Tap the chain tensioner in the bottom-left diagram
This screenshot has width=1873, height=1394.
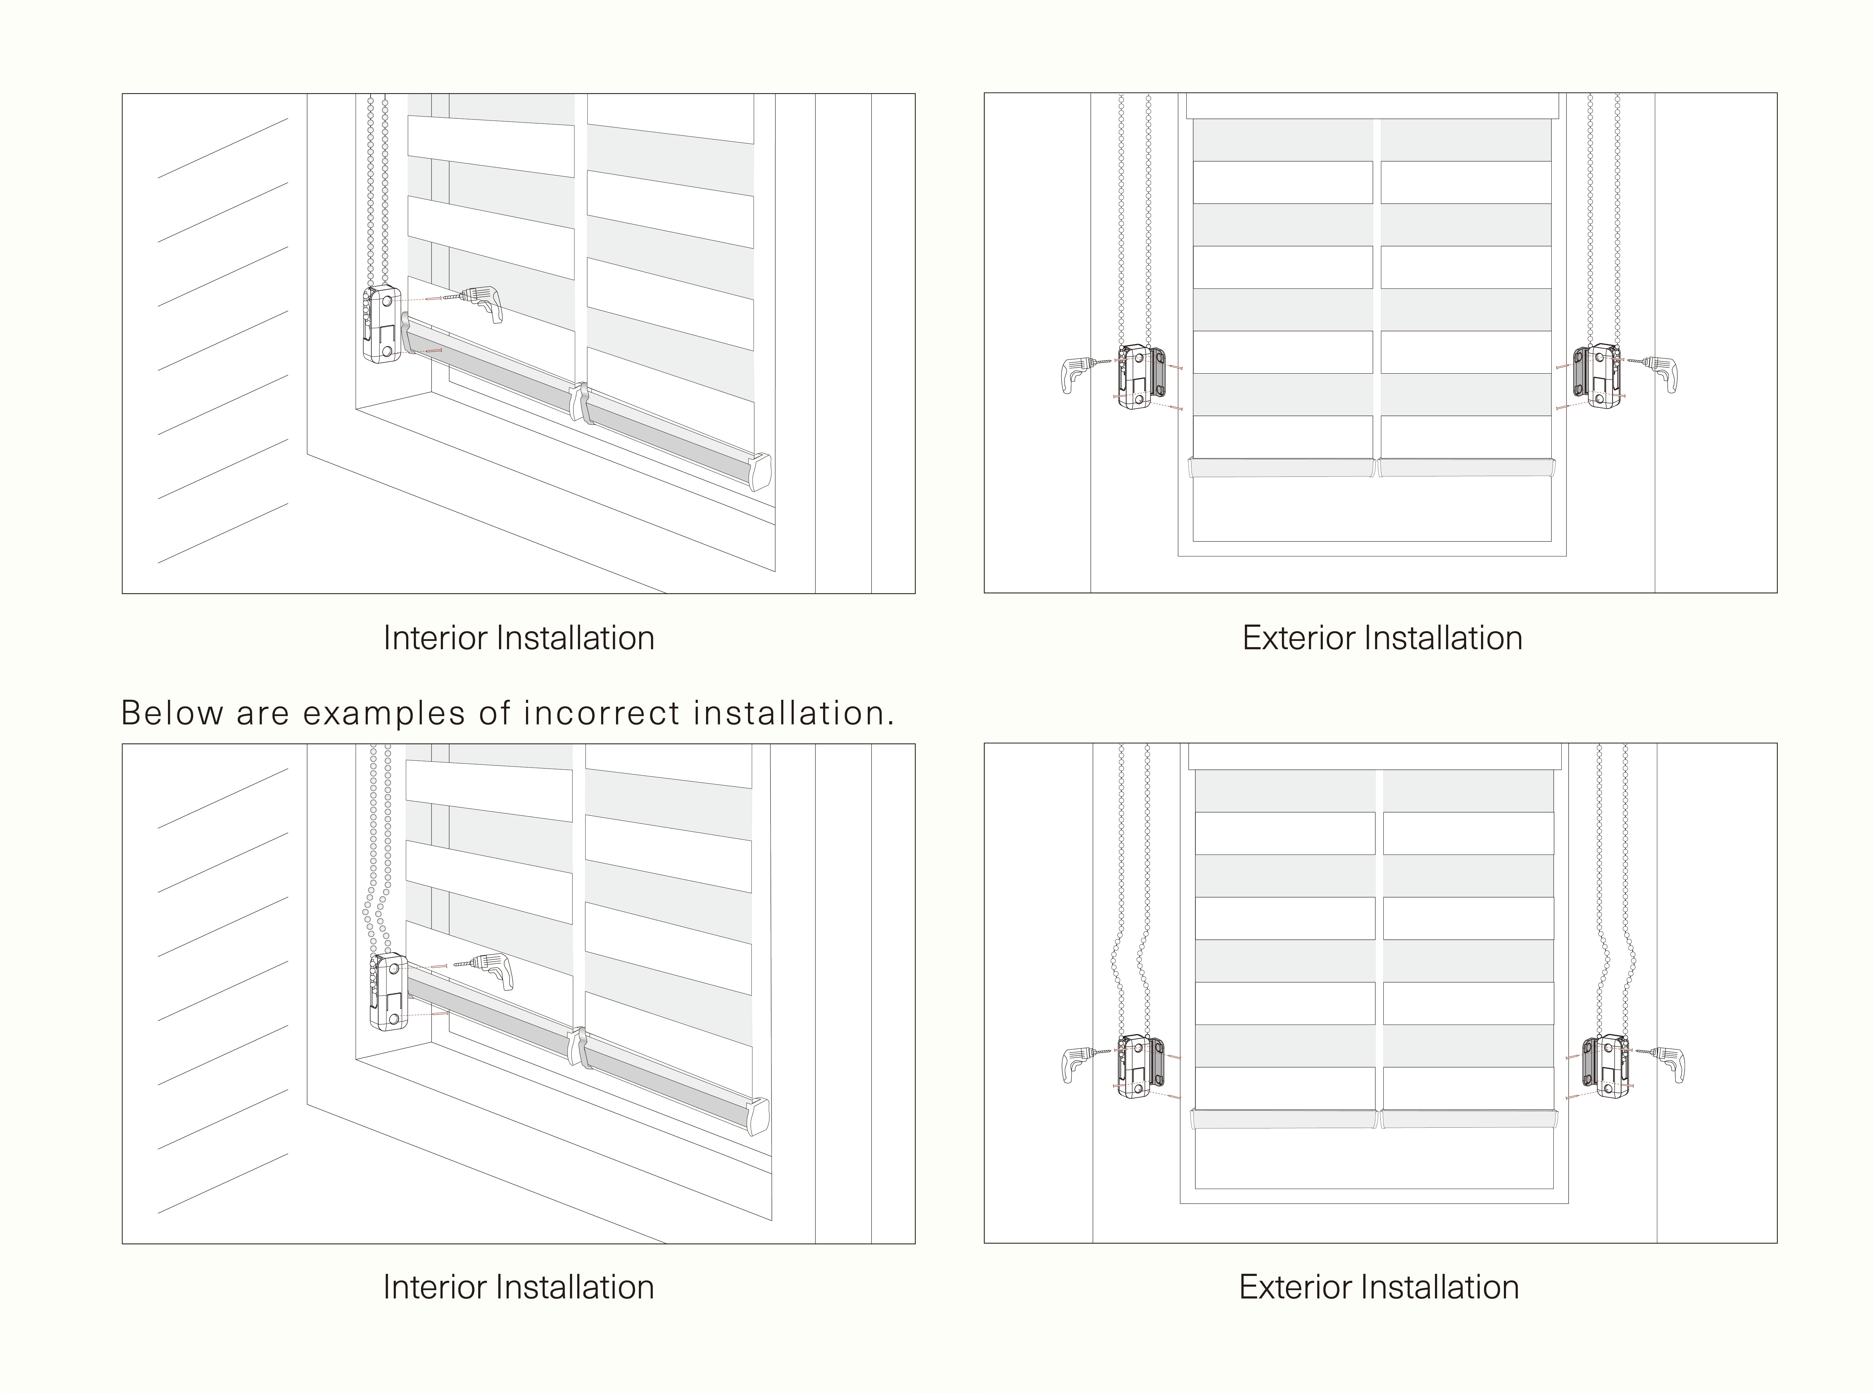coord(388,992)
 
